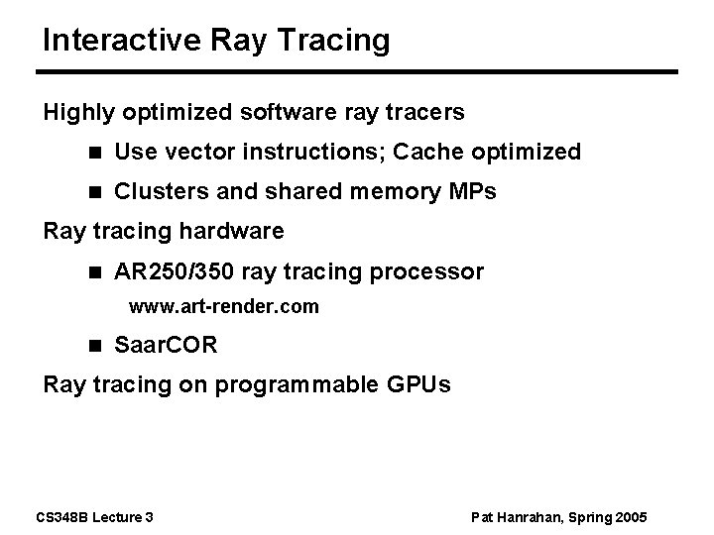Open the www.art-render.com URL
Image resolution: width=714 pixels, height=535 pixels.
pos(224,307)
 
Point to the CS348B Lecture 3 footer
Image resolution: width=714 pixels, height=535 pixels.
pos(99,517)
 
